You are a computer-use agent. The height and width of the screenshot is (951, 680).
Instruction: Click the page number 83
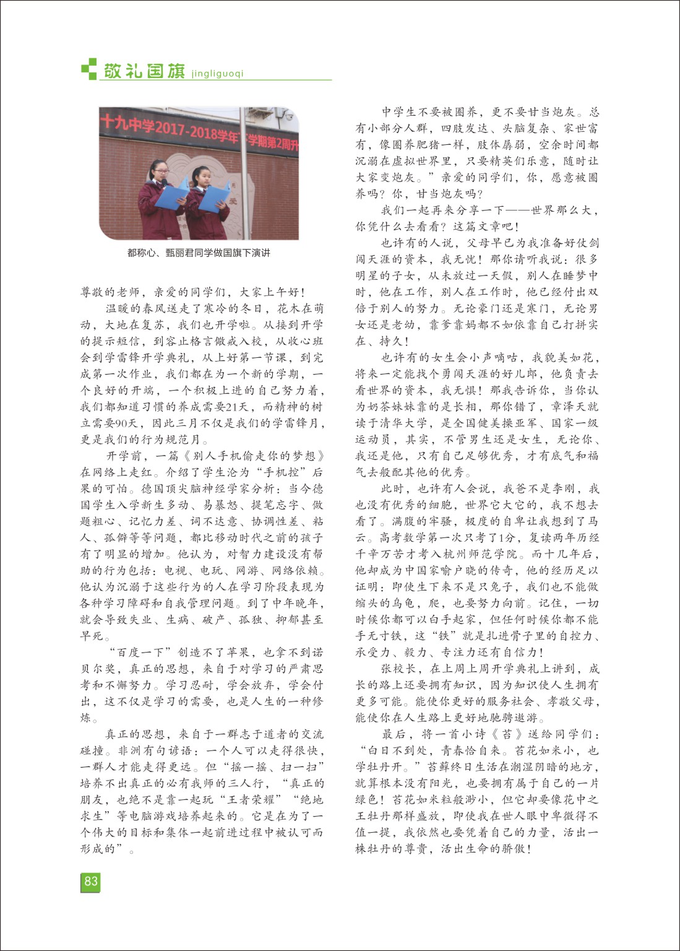tap(90, 881)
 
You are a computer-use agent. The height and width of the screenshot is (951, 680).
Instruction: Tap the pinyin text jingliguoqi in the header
tap(218, 73)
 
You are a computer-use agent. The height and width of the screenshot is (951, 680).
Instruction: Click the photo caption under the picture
tap(199, 253)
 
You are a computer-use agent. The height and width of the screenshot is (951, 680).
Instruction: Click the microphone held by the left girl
tap(164, 181)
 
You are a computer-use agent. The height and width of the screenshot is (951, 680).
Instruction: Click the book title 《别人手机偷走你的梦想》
tap(246, 456)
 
